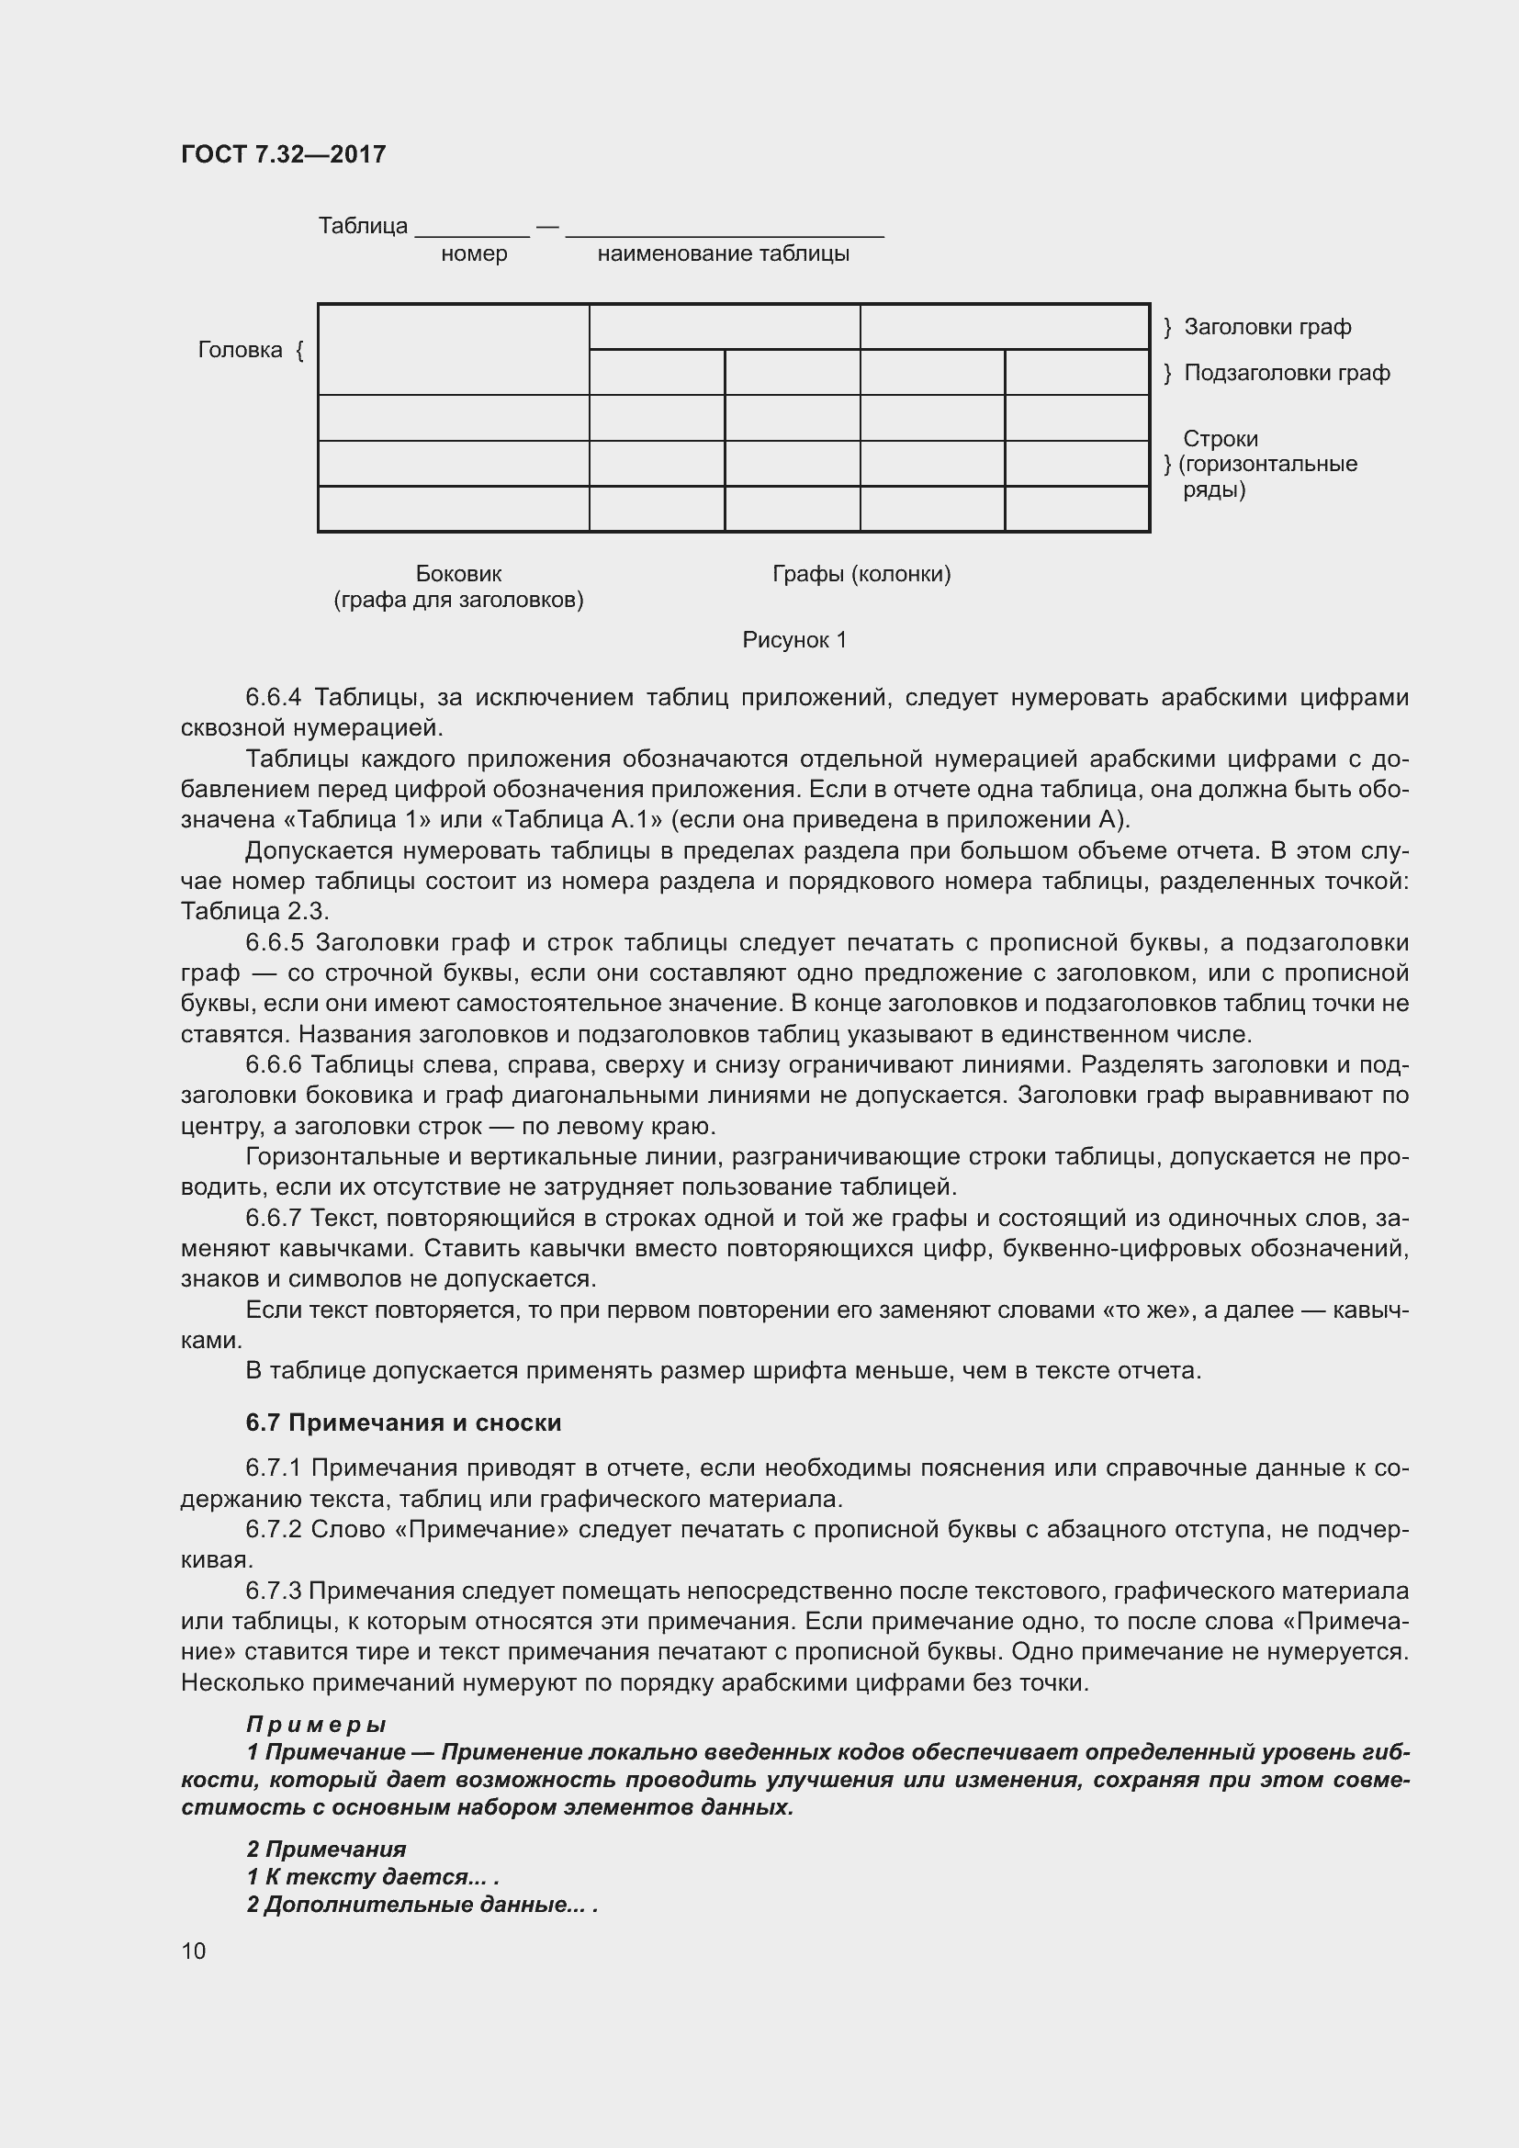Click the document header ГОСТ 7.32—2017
point(283,154)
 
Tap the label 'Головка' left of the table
point(240,350)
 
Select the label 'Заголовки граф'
point(1266,327)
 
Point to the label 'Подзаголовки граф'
point(1286,372)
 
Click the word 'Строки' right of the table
point(1220,438)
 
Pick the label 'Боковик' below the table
point(458,573)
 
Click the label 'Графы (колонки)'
point(861,573)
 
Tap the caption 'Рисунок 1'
point(794,640)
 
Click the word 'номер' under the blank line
point(474,253)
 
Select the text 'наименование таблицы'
point(723,253)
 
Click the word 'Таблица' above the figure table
point(363,226)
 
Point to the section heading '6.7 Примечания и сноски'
point(403,1422)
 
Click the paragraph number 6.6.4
point(273,697)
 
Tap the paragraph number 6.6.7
point(273,1218)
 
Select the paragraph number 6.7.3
point(273,1591)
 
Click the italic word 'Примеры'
point(315,1723)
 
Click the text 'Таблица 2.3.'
point(254,911)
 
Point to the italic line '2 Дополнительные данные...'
point(421,1904)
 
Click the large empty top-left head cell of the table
point(453,349)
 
